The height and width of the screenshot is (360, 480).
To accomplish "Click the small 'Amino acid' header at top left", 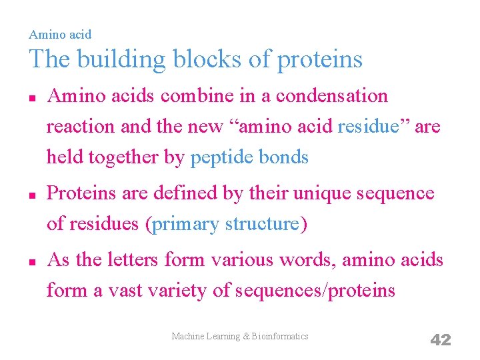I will [60, 34].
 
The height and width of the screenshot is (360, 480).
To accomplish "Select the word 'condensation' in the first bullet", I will [331, 96].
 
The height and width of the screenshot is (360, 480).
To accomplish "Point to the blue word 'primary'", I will [185, 224].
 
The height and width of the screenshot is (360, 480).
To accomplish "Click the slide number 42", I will [441, 340].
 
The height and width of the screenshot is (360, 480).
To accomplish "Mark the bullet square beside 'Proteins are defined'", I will [32, 195].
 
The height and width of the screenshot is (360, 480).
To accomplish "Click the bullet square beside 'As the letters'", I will [32, 261].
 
